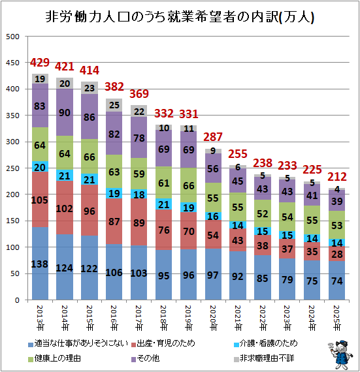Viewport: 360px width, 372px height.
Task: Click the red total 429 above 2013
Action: [40, 63]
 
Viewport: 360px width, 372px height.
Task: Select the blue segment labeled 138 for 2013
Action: [40, 264]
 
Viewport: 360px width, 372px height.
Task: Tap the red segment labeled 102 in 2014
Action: [65, 208]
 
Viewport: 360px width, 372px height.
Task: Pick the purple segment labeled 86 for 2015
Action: [90, 116]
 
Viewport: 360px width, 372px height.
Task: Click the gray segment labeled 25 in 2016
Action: [114, 105]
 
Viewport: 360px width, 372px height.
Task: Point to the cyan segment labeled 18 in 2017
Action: [139, 194]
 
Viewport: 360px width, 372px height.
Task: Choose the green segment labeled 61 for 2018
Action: [164, 183]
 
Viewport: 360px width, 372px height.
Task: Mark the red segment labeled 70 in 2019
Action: [189, 230]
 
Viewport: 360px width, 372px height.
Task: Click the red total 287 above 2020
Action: [213, 137]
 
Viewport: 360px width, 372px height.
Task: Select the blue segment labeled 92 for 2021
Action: [238, 275]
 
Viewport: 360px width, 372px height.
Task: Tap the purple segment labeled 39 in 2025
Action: [337, 200]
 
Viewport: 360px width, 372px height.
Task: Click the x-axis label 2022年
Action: [263, 318]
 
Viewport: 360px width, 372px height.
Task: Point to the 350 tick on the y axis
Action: [12, 116]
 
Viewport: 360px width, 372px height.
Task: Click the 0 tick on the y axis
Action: [17, 300]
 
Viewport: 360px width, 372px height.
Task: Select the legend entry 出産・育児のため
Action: [163, 343]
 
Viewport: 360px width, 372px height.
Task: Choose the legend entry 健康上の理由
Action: [54, 358]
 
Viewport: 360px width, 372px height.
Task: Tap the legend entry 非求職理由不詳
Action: [264, 358]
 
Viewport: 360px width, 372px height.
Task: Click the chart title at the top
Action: [180, 17]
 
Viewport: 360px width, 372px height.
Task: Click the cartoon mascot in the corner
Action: [340, 354]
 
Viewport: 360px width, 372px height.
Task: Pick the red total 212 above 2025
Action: [337, 177]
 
